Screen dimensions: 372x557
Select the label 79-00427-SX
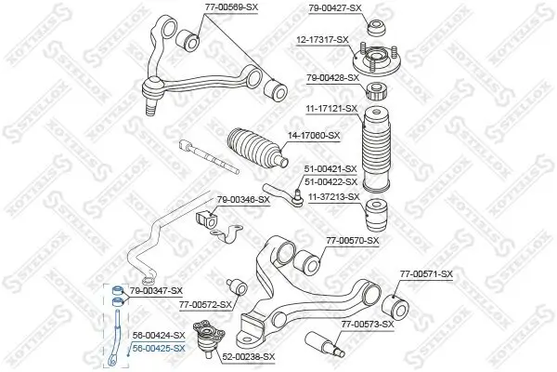click(333, 8)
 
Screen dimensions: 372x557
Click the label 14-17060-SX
click(315, 136)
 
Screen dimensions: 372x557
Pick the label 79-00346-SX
click(243, 199)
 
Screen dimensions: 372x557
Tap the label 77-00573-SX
click(368, 325)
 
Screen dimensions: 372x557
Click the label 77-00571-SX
click(426, 273)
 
